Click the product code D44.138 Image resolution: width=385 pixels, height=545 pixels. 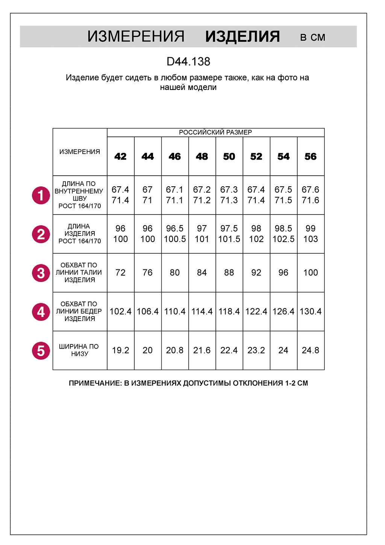point(188,61)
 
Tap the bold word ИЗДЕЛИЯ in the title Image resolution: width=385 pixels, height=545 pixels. point(243,37)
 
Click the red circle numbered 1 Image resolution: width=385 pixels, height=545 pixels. point(41,195)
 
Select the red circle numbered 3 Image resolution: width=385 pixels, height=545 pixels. point(41,273)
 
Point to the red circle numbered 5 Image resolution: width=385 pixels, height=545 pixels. point(41,350)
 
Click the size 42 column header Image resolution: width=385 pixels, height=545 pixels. point(120,157)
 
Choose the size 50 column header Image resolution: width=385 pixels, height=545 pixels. point(229,157)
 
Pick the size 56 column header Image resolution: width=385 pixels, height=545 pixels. point(311,157)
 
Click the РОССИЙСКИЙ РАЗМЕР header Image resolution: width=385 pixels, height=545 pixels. point(215,132)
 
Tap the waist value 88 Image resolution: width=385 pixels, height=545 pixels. point(229,272)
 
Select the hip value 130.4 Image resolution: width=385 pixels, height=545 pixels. point(311,311)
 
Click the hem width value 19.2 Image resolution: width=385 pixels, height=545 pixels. point(120,350)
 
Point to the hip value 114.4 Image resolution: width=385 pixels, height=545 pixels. point(202,311)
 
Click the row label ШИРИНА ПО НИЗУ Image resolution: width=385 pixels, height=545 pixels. point(79,350)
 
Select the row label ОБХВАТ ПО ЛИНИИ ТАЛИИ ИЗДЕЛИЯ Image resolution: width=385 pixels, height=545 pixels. point(79,272)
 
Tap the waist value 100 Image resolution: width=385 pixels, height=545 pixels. point(311,272)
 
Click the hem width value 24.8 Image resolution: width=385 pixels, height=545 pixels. point(311,350)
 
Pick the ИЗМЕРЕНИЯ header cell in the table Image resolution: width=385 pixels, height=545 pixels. point(80,152)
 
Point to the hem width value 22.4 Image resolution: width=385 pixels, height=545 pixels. point(229,350)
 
